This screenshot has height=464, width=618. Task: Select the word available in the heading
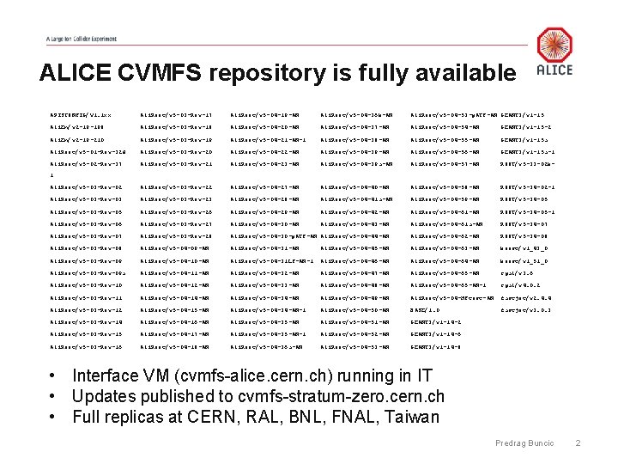pyautogui.click(x=457, y=73)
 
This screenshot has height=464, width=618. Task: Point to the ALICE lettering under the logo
pyautogui.click(x=554, y=70)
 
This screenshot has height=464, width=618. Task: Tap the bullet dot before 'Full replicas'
pyautogui.click(x=53, y=418)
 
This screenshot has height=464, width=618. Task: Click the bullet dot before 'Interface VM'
pyautogui.click(x=53, y=376)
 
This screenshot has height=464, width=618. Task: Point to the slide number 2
pyautogui.click(x=579, y=443)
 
